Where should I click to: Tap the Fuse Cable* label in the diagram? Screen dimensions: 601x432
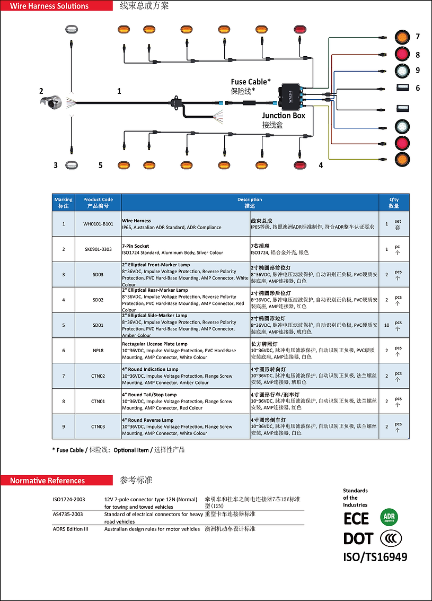pyautogui.click(x=251, y=82)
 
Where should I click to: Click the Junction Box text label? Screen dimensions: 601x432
pyautogui.click(x=284, y=116)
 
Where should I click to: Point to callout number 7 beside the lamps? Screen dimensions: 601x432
pyautogui.click(x=418, y=37)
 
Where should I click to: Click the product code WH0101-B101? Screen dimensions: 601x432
pyautogui.click(x=98, y=224)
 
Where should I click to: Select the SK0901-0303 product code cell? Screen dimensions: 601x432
pyautogui.click(x=98, y=249)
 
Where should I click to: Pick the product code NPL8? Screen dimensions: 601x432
pyautogui.click(x=98, y=351)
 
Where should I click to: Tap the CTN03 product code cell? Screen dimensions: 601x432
pyautogui.click(x=98, y=426)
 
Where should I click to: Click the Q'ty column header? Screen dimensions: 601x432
pyautogui.click(x=394, y=203)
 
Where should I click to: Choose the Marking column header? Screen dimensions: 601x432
pyautogui.click(x=64, y=203)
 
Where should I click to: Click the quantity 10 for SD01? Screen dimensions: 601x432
pyautogui.click(x=387, y=325)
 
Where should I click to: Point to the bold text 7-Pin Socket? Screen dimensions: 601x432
pyautogui.click(x=136, y=246)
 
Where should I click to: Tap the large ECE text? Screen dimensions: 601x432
pyautogui.click(x=356, y=518)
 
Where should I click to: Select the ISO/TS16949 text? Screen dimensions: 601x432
pyautogui.click(x=375, y=557)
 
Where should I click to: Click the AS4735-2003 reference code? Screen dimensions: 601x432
pyautogui.click(x=68, y=514)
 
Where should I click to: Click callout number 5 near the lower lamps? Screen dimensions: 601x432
pyautogui.click(x=100, y=165)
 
